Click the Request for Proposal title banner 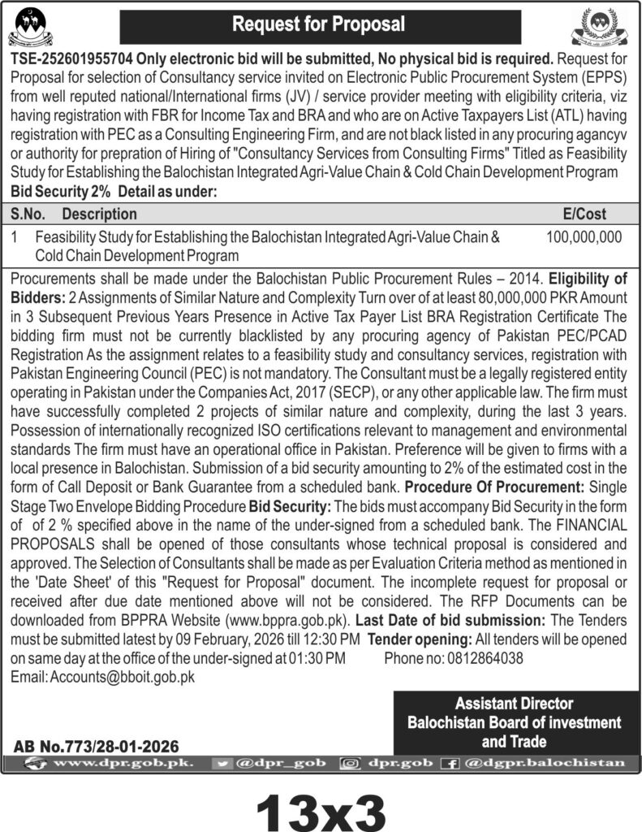coord(319,24)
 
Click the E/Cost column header coord(584,214)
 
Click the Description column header coord(99,214)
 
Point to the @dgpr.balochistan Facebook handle coord(545,764)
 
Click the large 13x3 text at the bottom coord(321,808)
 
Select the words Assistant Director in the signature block coord(514,704)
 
